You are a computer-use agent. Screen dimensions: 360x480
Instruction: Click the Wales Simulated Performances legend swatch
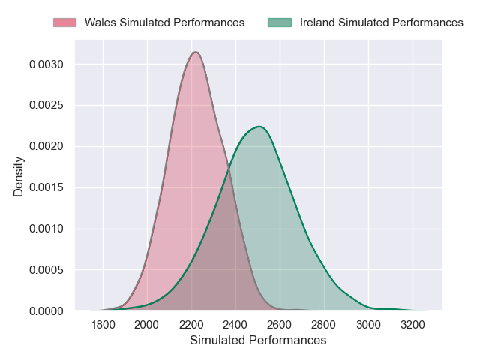click(64, 22)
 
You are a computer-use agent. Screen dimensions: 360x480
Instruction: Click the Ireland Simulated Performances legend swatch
click(279, 22)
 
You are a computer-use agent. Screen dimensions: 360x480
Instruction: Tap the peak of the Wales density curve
click(196, 52)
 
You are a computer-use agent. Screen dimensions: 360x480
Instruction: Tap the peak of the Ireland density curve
click(259, 127)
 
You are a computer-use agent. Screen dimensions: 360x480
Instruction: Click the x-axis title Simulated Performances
click(258, 340)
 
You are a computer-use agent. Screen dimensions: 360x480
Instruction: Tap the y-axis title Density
click(19, 176)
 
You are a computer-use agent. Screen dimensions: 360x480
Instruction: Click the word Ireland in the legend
click(317, 22)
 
